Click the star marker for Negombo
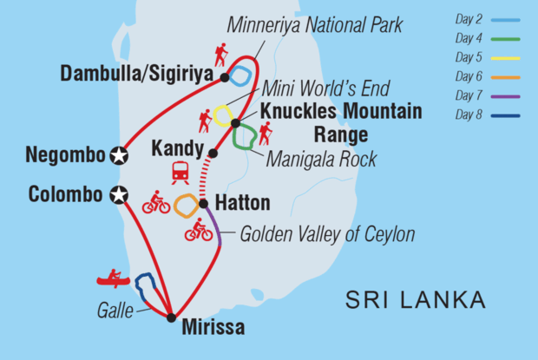[120, 156]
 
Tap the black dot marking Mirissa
[172, 317]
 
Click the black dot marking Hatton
[203, 205]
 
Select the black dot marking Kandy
[213, 153]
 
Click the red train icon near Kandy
[181, 172]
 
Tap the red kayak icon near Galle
[113, 278]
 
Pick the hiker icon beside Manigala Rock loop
[265, 132]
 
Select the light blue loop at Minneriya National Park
[244, 76]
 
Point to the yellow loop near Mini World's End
[224, 115]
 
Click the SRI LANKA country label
[415, 300]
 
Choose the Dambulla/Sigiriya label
[136, 75]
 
